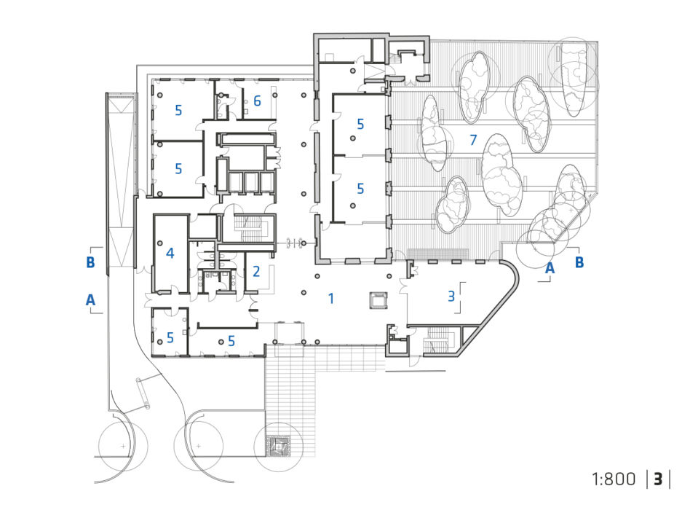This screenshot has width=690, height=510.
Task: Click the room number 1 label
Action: pos(331,299)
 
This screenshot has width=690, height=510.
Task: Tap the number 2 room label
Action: pos(256,271)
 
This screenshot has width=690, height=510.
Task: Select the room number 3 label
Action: pos(451,296)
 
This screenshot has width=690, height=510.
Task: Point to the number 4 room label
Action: pos(170,253)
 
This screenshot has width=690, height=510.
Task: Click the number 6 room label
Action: pos(257,101)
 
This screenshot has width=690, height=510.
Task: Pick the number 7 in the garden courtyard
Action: pos(473,140)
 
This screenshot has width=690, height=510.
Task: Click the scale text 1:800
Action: pos(614,479)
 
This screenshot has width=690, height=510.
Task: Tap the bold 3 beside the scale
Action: pos(658,479)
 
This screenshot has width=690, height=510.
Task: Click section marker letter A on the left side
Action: pos(90,300)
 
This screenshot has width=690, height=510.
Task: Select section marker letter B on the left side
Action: pos(90,262)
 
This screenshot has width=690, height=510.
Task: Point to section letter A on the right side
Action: pos(550,267)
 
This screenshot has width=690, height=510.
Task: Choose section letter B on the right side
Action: pos(579,262)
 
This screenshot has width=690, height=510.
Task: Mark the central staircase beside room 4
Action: pos(247,228)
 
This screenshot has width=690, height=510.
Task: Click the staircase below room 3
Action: pos(438,340)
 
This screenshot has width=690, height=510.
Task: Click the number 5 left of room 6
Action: pos(178,110)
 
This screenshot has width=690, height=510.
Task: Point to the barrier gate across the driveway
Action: pos(143,393)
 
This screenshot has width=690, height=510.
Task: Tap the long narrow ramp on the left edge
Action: pos(119,182)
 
